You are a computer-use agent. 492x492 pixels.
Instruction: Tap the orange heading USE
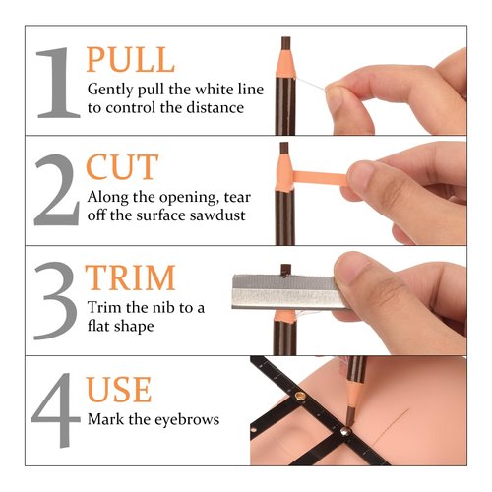click(x=120, y=390)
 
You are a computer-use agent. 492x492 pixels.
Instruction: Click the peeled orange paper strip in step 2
click(x=316, y=178)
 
